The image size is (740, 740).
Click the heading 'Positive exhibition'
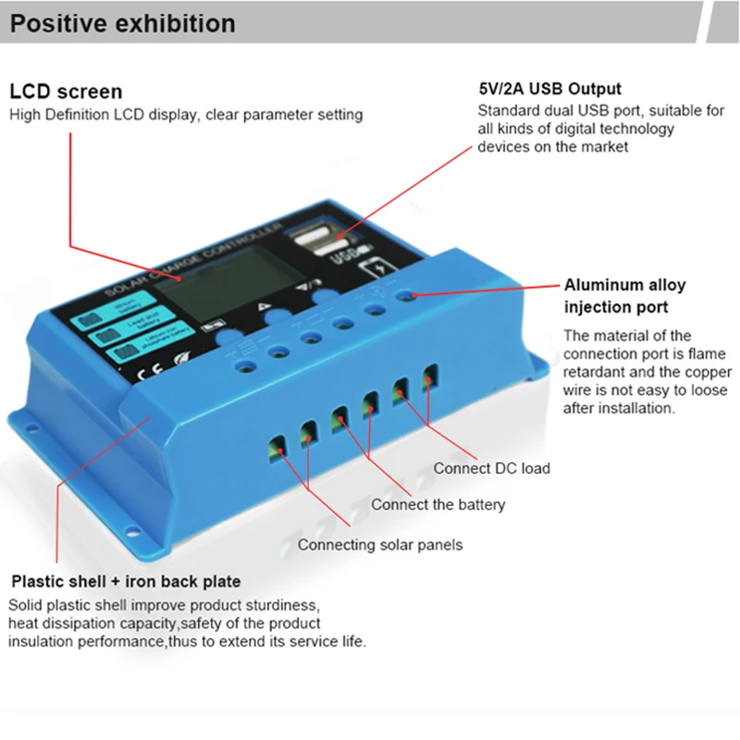pyautogui.click(x=122, y=22)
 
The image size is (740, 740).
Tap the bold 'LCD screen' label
pyautogui.click(x=66, y=92)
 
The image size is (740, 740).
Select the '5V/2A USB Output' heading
pyautogui.click(x=549, y=90)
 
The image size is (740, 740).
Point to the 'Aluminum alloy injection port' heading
pyautogui.click(x=625, y=295)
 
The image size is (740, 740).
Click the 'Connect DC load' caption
pyautogui.click(x=491, y=468)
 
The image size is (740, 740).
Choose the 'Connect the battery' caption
pyautogui.click(x=438, y=504)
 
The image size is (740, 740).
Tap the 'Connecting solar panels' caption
pyautogui.click(x=380, y=545)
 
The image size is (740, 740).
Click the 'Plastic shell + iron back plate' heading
pyautogui.click(x=126, y=582)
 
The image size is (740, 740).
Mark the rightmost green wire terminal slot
pyautogui.click(x=428, y=379)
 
